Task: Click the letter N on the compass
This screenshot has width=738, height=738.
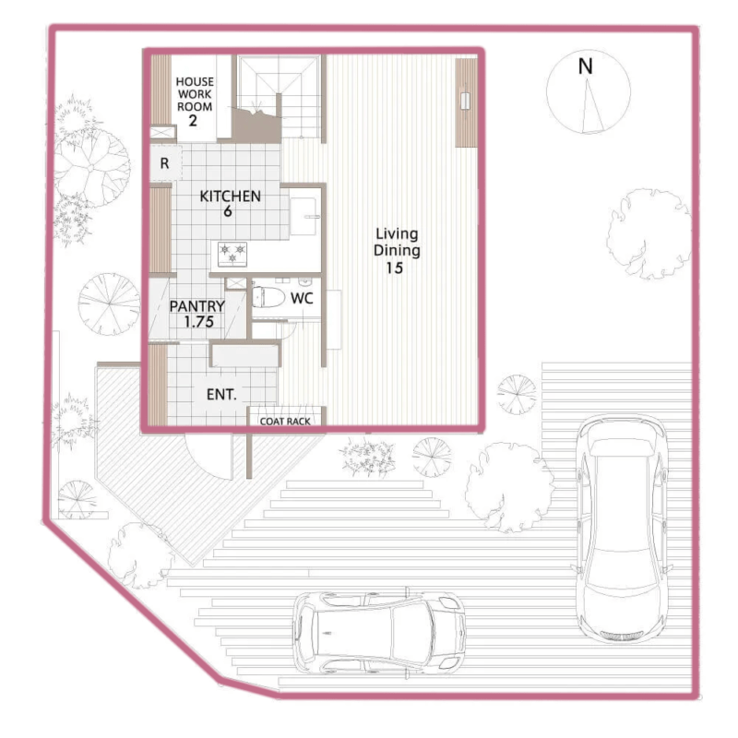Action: pos(585,66)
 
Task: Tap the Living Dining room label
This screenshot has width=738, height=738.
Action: pos(397,242)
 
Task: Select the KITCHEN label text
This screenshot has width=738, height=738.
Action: pos(230,196)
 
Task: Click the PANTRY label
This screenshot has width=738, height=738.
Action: pos(196,306)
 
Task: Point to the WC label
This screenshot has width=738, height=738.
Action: pos(302,298)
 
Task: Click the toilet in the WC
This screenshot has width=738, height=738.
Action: pos(268,297)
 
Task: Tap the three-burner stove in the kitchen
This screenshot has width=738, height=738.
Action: pos(232,253)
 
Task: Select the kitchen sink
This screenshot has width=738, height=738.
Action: pos(304,217)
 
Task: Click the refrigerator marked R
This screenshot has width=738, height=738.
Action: pos(164,163)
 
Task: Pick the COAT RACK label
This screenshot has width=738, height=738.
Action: pos(285,422)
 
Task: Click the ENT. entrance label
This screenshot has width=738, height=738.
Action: pos(221,395)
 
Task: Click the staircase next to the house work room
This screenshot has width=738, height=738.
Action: pos(279,98)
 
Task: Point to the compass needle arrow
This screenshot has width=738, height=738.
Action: pos(591,106)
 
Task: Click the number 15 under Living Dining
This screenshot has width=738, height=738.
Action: pos(395,268)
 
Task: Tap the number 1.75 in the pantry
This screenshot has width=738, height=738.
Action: pos(198,322)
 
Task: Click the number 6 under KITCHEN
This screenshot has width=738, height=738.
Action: pos(228,211)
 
